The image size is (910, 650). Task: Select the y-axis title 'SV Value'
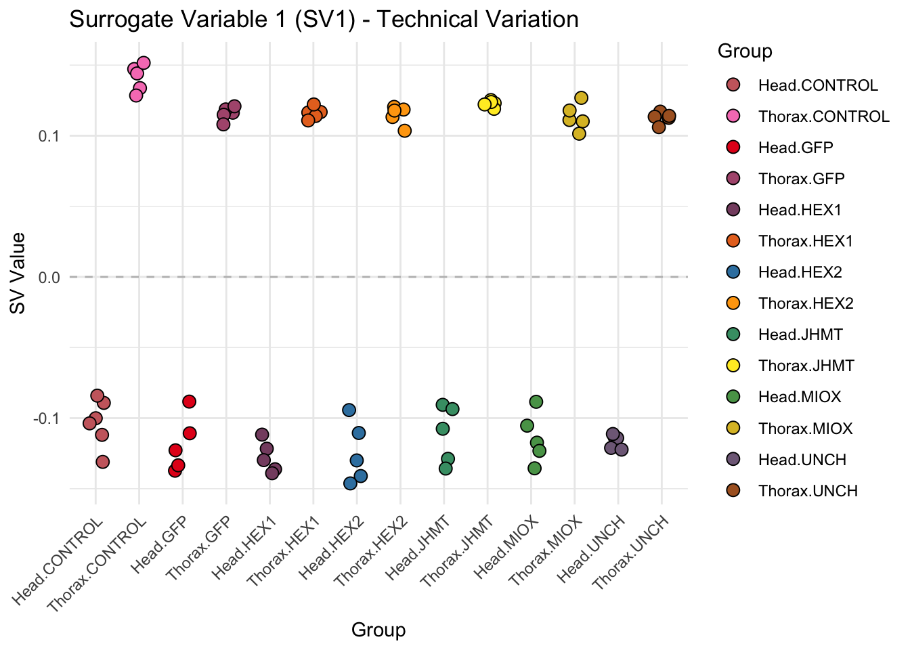pos(18,273)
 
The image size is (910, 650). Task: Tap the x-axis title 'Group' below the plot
pos(378,630)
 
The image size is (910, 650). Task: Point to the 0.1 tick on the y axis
pos(49,136)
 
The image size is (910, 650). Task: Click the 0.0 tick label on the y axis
pos(49,278)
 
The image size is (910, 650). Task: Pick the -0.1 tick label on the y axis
pos(46,418)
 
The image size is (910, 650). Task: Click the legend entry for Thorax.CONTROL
pos(823,116)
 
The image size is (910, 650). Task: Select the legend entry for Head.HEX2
pos(800,272)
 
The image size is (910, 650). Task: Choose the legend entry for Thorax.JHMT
pos(806,366)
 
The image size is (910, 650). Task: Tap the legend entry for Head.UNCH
pos(802,460)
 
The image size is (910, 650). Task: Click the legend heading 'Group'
pos(745,51)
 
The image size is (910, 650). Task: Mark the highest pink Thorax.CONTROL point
pos(144,63)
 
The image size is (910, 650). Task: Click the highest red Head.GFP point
pos(189,402)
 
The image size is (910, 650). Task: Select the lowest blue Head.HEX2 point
pos(350,483)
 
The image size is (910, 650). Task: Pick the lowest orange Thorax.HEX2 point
pos(404,131)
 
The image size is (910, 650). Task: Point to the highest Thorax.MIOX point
pos(581,98)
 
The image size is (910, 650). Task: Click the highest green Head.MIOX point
pos(536,402)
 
